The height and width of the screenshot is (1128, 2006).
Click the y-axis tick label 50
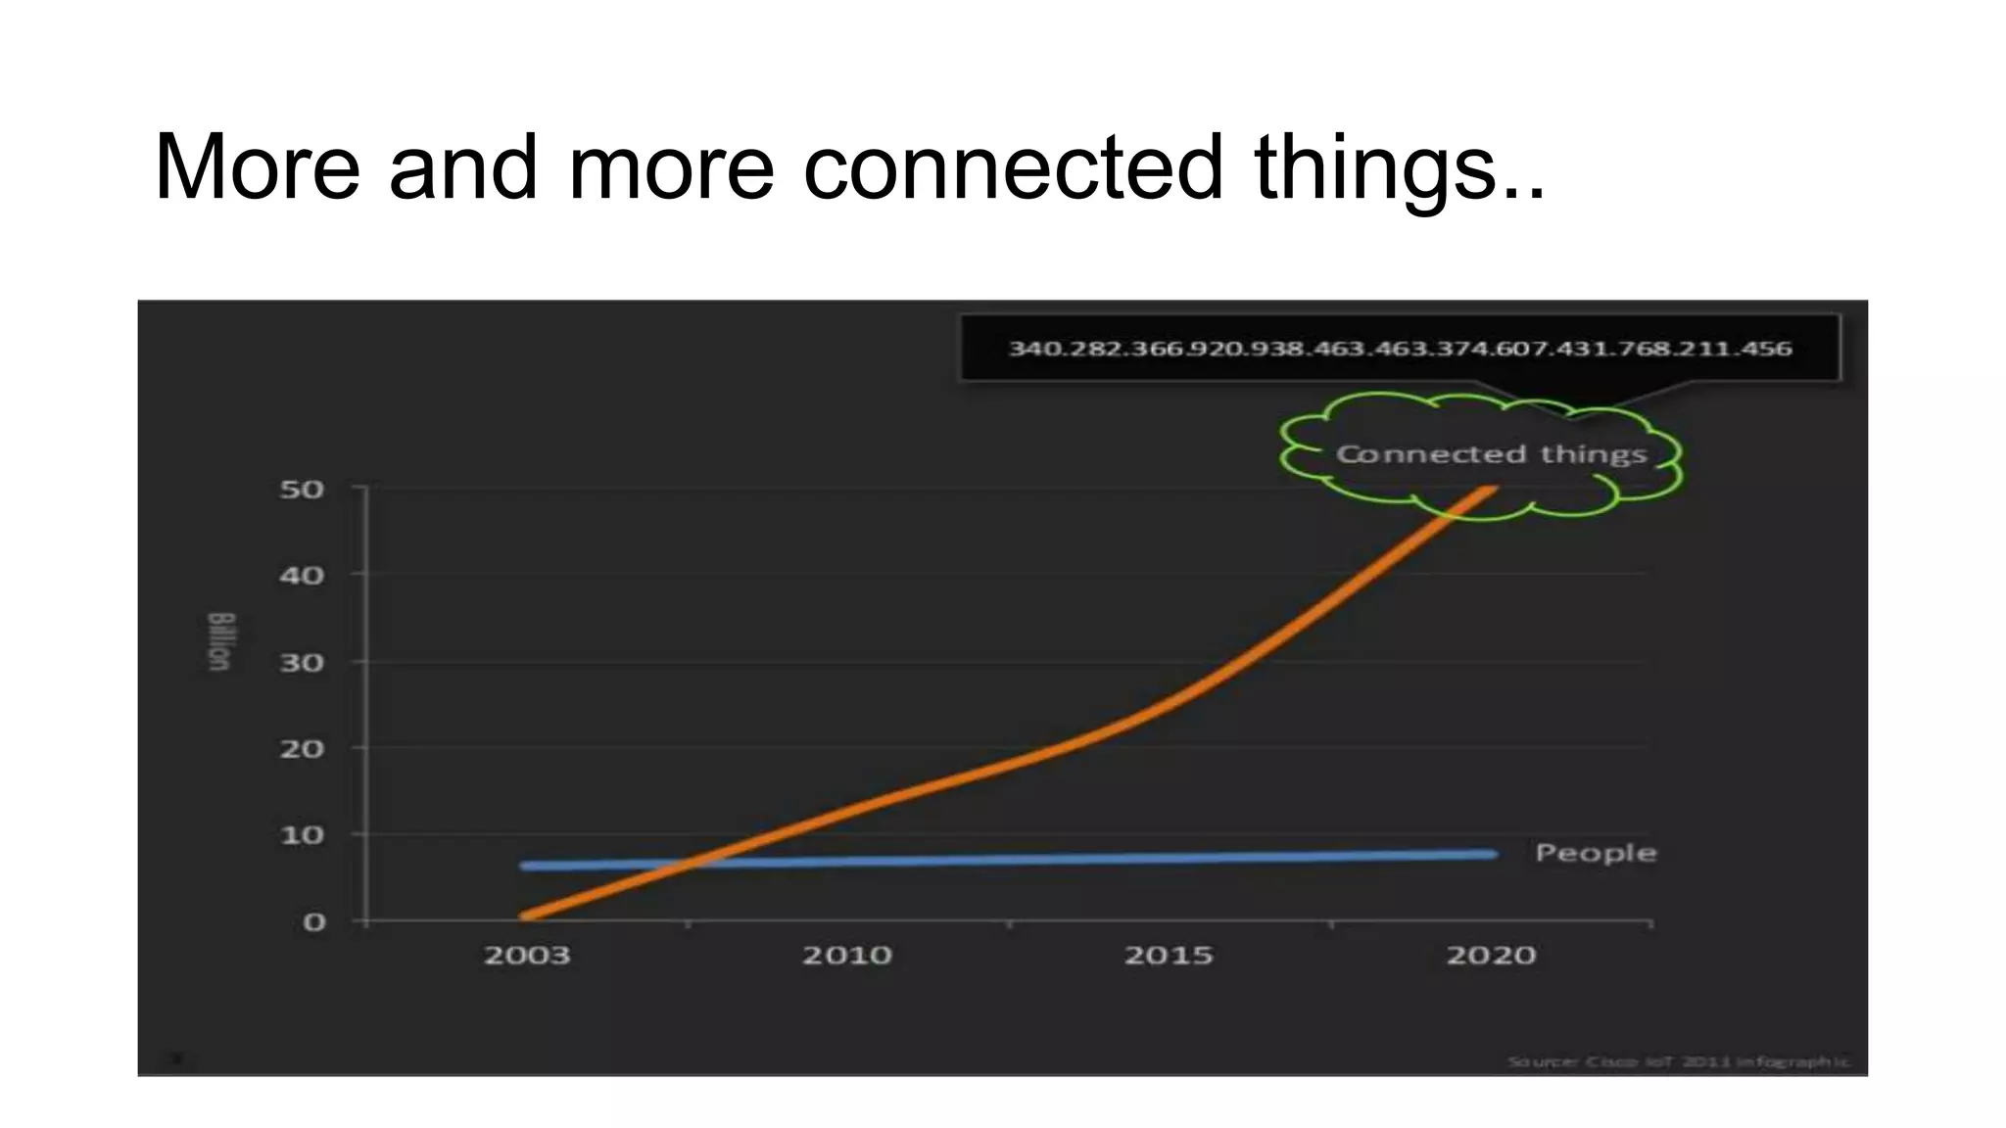(x=302, y=489)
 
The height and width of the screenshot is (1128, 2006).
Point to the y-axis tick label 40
(x=302, y=575)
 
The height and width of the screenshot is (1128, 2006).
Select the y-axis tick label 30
(x=302, y=663)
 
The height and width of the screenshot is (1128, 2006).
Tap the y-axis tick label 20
(x=302, y=749)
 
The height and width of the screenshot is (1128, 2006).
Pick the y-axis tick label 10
(x=302, y=835)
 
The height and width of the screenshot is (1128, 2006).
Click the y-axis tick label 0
(x=313, y=922)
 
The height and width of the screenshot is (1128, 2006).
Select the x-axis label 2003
(x=527, y=955)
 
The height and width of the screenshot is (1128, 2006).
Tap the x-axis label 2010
(x=847, y=955)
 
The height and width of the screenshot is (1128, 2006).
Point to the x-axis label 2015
(x=1169, y=955)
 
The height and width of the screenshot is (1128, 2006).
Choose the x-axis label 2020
(x=1491, y=955)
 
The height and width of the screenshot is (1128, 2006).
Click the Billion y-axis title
(x=220, y=641)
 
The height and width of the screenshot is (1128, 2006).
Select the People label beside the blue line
(x=1596, y=853)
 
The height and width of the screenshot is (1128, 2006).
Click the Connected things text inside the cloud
(x=1491, y=454)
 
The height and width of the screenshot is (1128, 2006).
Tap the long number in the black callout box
(x=1400, y=349)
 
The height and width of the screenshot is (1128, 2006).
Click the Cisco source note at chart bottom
(x=1678, y=1061)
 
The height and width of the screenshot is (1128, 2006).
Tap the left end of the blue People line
(x=525, y=866)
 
